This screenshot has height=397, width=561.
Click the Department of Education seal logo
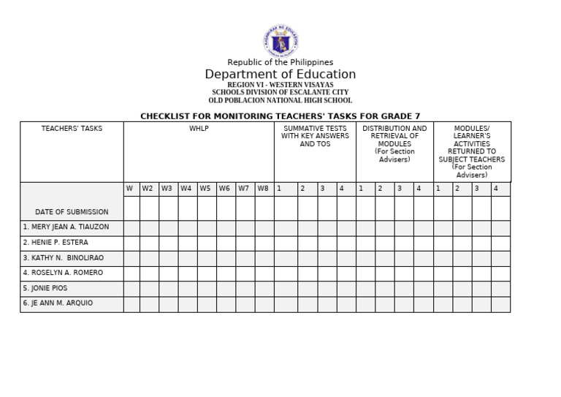pyautogui.click(x=280, y=42)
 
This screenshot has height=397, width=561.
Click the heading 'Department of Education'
pyautogui.click(x=280, y=75)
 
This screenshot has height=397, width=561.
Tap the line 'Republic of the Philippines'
pyautogui.click(x=280, y=62)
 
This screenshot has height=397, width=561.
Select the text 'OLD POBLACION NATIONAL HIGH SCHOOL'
pyautogui.click(x=280, y=101)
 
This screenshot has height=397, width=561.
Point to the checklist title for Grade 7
pyautogui.click(x=280, y=116)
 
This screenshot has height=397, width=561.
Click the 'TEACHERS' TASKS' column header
pyautogui.click(x=72, y=129)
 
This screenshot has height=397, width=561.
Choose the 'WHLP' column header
pyautogui.click(x=199, y=129)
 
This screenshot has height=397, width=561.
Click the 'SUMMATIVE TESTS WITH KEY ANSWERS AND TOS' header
pyautogui.click(x=315, y=136)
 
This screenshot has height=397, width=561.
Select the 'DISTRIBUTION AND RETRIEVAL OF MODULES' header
pyautogui.click(x=394, y=143)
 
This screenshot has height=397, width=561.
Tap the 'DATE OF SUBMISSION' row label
pyautogui.click(x=72, y=212)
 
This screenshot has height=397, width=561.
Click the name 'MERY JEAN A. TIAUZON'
pyautogui.click(x=66, y=227)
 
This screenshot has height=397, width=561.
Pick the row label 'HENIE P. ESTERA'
pyautogui.click(x=56, y=243)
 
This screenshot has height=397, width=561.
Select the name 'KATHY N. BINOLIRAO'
pyautogui.click(x=63, y=258)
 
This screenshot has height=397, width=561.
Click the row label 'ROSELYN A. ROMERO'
pyautogui.click(x=63, y=273)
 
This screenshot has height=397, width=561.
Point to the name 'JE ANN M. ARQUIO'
pyautogui.click(x=58, y=303)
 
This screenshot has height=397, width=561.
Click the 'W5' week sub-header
pyautogui.click(x=205, y=189)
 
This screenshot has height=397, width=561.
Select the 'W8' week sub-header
pyautogui.click(x=263, y=189)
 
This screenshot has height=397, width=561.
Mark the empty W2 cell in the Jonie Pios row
pyautogui.click(x=149, y=288)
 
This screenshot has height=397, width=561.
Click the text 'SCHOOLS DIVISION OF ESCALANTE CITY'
pyautogui.click(x=280, y=93)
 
